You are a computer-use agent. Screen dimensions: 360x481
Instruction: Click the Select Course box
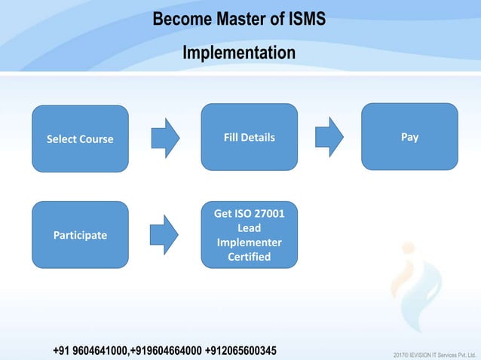pos(80,139)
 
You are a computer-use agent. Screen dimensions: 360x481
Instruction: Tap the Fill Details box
pos(249,137)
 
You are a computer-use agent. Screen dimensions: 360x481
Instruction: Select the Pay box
pos(409,136)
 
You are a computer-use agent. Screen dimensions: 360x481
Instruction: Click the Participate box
pos(80,235)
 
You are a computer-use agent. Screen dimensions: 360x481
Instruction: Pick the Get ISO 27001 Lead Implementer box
pos(249,235)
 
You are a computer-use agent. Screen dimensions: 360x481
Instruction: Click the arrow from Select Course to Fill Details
pos(165,138)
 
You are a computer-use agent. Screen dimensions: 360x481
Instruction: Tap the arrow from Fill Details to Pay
pos(329,137)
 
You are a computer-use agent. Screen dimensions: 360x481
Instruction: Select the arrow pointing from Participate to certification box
pos(164,235)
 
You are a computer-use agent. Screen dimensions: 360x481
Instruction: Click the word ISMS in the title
pos(307,19)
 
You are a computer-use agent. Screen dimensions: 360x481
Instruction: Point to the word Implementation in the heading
pos(240,53)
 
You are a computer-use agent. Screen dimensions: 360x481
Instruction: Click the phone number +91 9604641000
pos(91,351)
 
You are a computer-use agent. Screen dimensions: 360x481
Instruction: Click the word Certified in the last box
pos(249,257)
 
